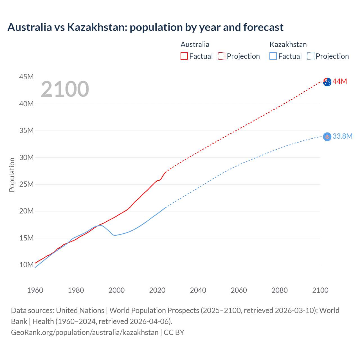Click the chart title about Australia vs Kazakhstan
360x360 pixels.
point(145,27)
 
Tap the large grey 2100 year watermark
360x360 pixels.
point(65,89)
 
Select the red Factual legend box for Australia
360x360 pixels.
point(184,56)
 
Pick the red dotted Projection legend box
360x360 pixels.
point(222,56)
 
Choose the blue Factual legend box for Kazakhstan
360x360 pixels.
point(273,56)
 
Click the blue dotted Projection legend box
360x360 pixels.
point(311,56)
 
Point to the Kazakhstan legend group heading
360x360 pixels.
point(288,44)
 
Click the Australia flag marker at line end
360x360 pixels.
point(327,82)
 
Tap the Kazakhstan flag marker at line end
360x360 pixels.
point(327,137)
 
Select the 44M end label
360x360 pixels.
point(340,82)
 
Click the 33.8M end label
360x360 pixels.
point(342,136)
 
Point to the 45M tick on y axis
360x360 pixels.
point(26,77)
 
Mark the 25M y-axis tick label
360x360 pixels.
point(26,184)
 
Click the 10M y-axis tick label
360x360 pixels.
point(26,265)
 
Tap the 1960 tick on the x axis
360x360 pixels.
point(35,290)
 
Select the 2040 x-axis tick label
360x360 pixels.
point(198,290)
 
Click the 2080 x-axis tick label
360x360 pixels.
point(280,290)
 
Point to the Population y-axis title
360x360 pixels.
point(12,175)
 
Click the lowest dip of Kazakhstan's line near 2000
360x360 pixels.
point(114,235)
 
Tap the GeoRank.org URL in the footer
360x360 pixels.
point(85,332)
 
